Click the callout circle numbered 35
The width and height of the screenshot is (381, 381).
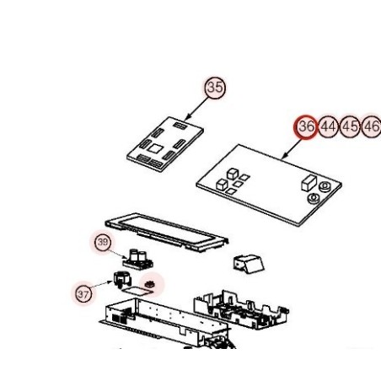point(215,88)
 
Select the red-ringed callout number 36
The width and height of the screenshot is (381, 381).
point(306,127)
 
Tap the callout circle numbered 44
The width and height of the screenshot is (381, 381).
point(329,127)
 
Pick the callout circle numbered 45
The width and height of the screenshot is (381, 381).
point(350,127)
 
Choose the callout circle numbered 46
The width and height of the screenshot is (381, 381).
point(372,127)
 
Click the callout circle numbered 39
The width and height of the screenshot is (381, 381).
point(103,242)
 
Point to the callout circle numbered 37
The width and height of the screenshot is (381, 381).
point(83,294)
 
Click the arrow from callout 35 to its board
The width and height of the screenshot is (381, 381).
point(197,108)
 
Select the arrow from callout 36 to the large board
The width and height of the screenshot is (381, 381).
point(292,148)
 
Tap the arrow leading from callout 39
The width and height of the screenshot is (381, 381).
point(117,253)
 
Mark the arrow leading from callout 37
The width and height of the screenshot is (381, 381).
point(101,285)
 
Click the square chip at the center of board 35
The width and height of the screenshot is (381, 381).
point(155,148)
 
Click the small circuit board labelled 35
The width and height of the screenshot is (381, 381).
point(165,144)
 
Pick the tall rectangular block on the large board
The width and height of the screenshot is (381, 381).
point(309,183)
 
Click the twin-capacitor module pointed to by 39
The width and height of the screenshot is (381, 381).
point(138,260)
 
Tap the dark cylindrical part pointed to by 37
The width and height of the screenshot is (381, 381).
point(121,279)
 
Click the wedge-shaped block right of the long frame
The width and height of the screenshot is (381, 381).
point(249,264)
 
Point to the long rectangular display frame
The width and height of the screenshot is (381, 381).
point(167,232)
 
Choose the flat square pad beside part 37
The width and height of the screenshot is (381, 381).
point(137,291)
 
